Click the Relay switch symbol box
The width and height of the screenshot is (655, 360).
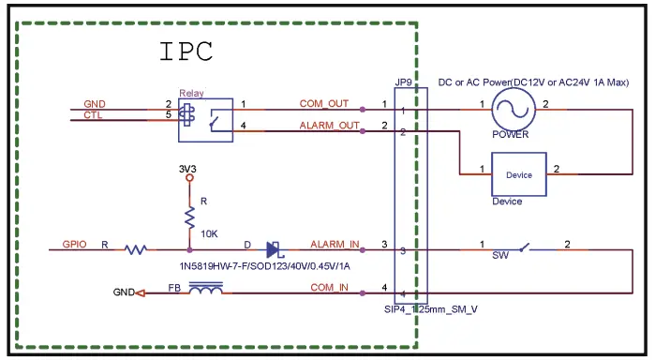pos(205,121)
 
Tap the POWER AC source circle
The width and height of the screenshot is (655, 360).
pos(511,111)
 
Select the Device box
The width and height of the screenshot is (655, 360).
pos(518,174)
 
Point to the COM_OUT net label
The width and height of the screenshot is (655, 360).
pos(323,103)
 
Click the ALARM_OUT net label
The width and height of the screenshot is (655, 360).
pos(329,125)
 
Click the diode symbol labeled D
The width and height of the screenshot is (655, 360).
pos(274,250)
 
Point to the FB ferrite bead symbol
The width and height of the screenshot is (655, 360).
pos(205,292)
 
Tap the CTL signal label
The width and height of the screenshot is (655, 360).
pos(93,115)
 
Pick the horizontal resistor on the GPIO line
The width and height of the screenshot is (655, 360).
pos(137,249)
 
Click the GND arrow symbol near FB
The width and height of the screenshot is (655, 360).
pos(140,292)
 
